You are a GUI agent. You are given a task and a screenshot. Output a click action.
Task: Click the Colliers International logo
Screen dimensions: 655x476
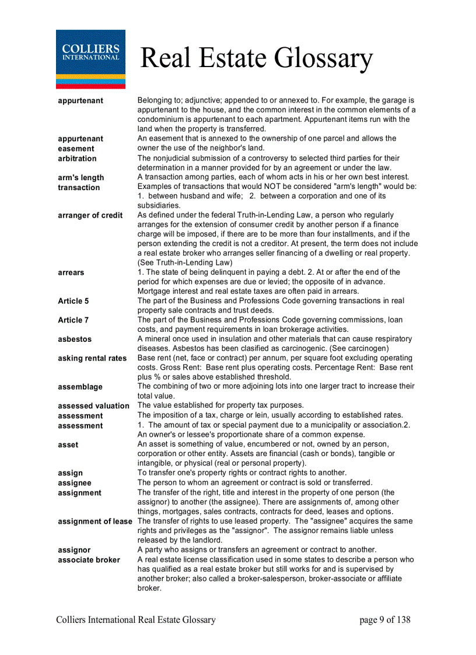click(x=90, y=59)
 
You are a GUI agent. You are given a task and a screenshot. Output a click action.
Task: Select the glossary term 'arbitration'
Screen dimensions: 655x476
click(x=77, y=159)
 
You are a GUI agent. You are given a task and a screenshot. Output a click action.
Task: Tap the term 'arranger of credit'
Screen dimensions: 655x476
click(x=90, y=215)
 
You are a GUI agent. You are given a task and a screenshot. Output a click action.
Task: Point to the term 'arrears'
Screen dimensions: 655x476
click(x=71, y=272)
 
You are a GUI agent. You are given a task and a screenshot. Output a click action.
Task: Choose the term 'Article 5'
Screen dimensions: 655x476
click(x=73, y=301)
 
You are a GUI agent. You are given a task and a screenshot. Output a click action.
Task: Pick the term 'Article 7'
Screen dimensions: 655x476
click(x=73, y=320)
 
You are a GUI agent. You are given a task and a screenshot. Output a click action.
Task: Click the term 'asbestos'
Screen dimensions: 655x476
click(x=75, y=339)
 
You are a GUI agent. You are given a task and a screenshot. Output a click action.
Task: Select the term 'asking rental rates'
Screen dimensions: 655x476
click(x=92, y=358)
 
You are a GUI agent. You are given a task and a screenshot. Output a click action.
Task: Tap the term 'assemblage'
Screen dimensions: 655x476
click(x=80, y=387)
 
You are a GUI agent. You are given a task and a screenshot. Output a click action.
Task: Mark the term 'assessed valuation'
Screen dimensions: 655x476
click(x=93, y=406)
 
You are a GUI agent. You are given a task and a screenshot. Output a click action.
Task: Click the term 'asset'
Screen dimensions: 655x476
click(x=68, y=444)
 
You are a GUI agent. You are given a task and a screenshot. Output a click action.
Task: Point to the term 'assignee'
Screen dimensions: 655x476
click(x=75, y=483)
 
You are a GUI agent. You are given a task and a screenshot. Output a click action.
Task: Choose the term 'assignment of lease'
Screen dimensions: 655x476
click(x=95, y=521)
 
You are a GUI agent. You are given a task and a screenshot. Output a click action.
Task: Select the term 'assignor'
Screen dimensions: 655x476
click(x=74, y=550)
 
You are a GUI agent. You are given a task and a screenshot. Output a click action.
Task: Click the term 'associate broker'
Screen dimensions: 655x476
click(x=89, y=560)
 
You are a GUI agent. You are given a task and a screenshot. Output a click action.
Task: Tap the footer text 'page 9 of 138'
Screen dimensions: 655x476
click(x=385, y=620)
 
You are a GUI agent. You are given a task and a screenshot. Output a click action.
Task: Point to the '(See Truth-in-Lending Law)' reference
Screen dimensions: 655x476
click(x=185, y=262)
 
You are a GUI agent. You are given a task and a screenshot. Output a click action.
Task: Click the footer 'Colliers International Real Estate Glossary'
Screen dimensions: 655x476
click(x=136, y=620)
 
